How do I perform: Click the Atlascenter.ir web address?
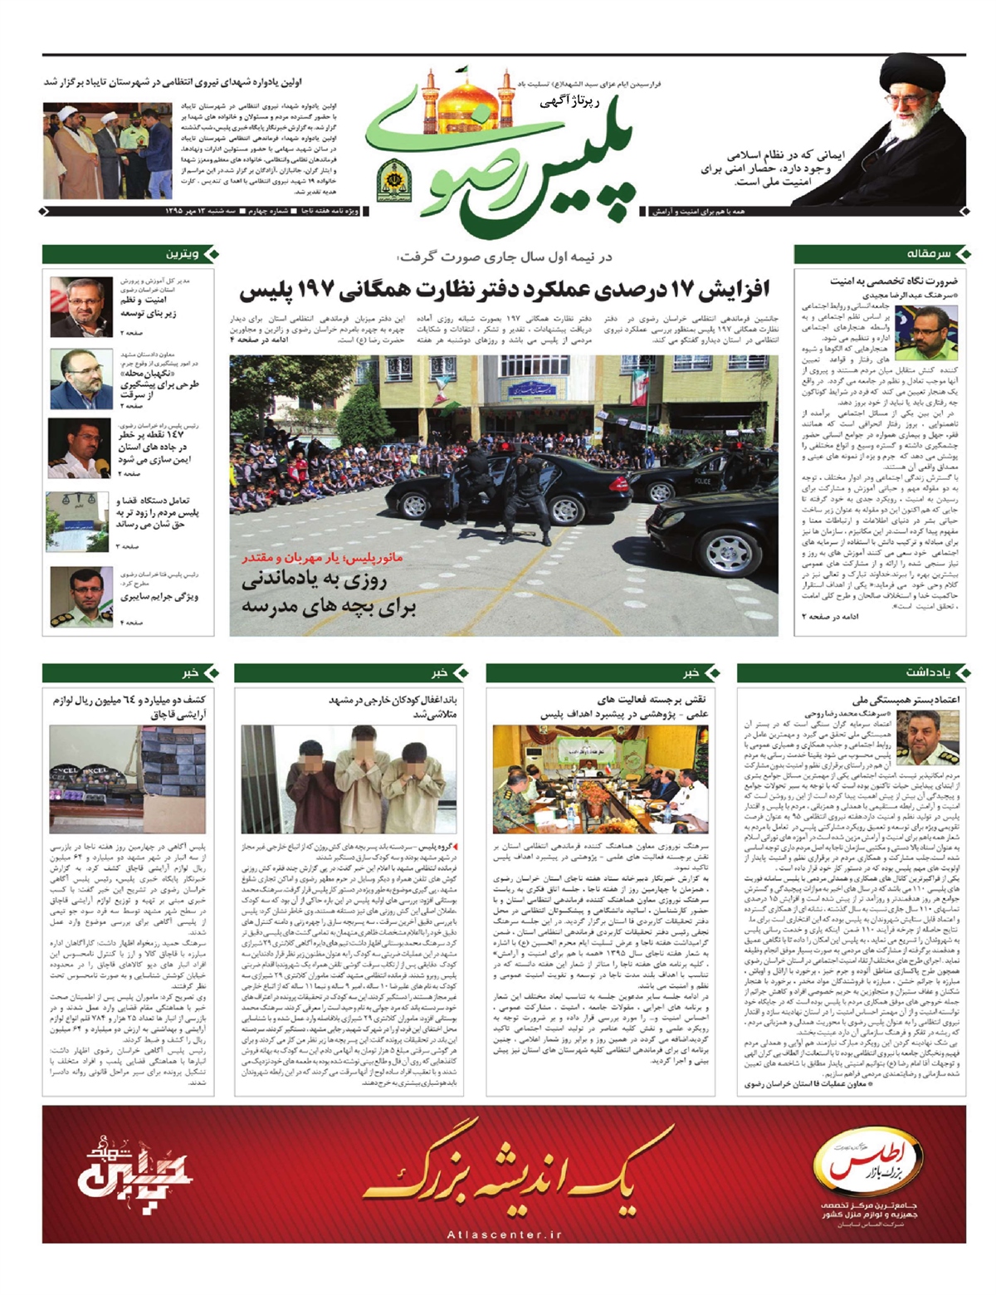(505, 1234)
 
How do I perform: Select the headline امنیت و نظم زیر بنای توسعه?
(149, 307)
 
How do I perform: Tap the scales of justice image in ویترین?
(77, 522)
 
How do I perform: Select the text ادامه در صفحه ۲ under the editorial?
(831, 617)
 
